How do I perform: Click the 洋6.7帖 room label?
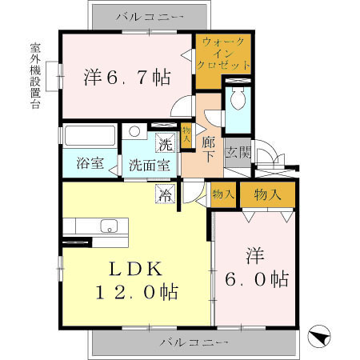(126, 78)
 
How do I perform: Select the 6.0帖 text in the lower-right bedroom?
(263, 279)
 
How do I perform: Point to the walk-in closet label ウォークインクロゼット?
(224, 54)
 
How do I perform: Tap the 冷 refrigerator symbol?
(166, 194)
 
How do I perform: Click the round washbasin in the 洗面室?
(134, 132)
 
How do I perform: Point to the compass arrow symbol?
(319, 337)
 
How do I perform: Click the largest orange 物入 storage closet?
(267, 194)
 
